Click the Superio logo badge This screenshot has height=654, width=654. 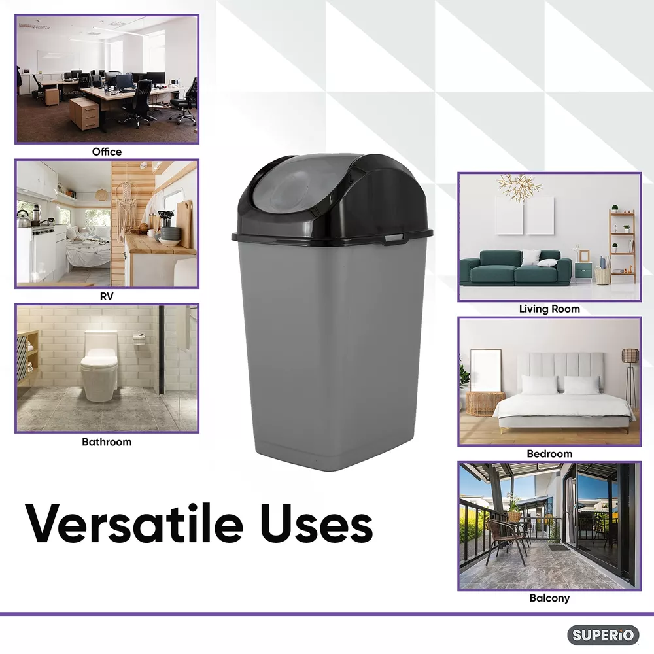pyautogui.click(x=603, y=635)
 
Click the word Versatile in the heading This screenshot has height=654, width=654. pyautogui.click(x=134, y=523)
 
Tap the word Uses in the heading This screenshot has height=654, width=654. pyautogui.click(x=317, y=525)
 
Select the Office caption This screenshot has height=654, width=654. pyautogui.click(x=107, y=152)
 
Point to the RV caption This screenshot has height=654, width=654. pyautogui.click(x=107, y=296)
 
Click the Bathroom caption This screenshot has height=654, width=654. pyautogui.click(x=107, y=441)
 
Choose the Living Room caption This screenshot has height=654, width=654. pyautogui.click(x=549, y=309)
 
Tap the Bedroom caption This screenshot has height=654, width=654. pyautogui.click(x=549, y=454)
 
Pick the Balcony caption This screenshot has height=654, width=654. pyautogui.click(x=549, y=598)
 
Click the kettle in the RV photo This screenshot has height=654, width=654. pyautogui.click(x=23, y=218)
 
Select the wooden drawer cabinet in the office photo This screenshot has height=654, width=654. pyautogui.click(x=84, y=113)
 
